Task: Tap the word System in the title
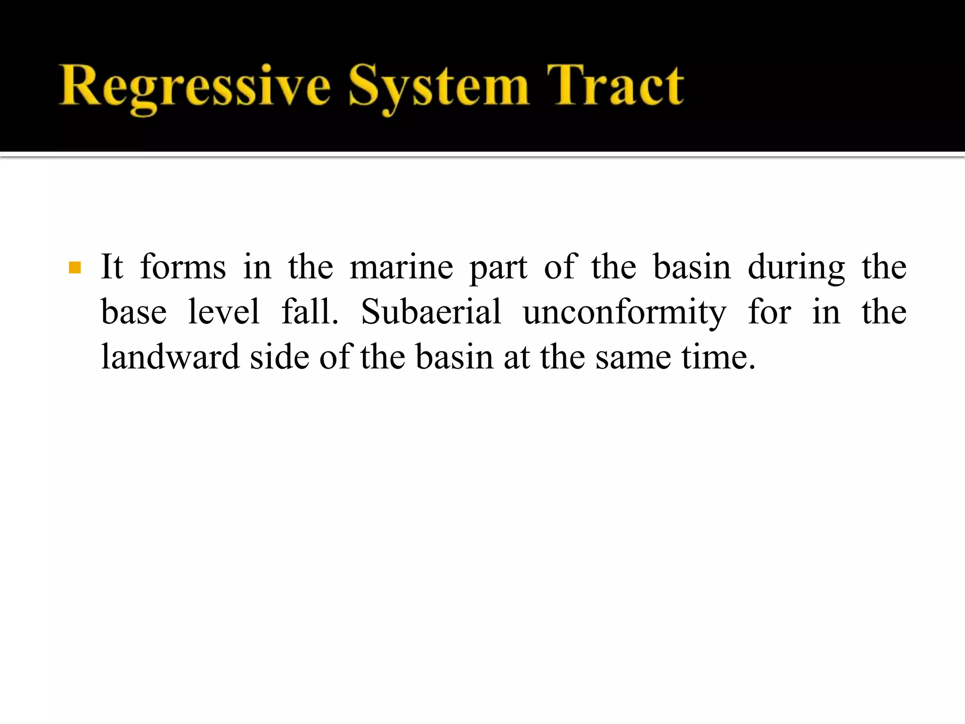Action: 438,87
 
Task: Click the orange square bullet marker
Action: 75,268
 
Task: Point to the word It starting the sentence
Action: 112,267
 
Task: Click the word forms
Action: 183,267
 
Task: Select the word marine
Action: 401,267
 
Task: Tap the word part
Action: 499,269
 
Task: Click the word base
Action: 134,312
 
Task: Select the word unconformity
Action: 624,313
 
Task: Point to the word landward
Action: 170,356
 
